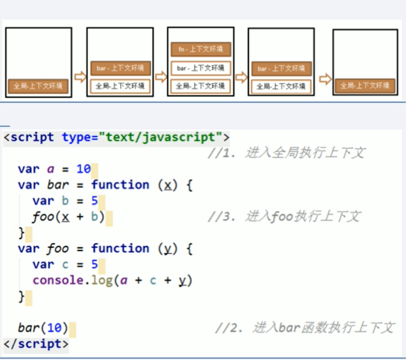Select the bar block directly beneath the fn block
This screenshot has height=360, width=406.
201,68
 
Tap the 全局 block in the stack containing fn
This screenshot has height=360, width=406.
201,86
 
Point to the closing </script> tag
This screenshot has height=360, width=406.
36,344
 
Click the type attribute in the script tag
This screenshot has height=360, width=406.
76,137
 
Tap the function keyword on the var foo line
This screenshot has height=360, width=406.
120,249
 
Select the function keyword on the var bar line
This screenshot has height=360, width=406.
120,185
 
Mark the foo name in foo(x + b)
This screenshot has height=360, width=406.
43,217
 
